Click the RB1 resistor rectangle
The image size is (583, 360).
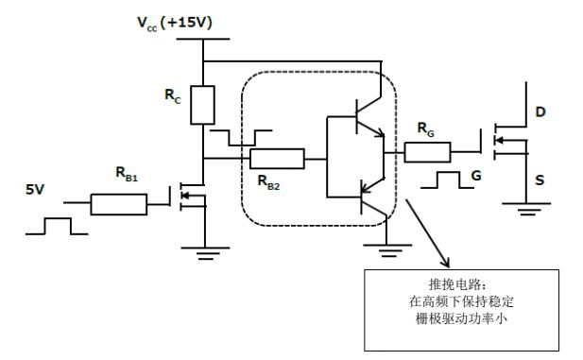120,204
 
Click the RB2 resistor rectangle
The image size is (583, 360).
277,159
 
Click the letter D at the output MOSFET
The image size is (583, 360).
540,111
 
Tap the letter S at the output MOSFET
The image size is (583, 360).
540,176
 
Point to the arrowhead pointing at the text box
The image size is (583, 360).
448,265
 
